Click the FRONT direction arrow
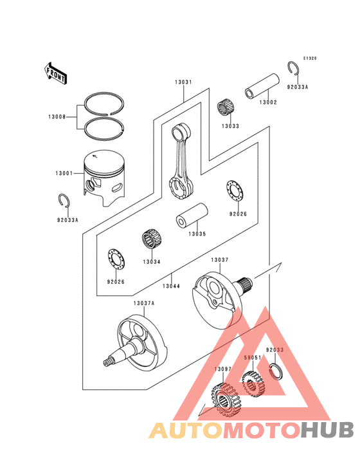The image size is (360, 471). pyautogui.click(x=57, y=73)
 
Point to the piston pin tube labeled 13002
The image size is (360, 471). pyautogui.click(x=262, y=88)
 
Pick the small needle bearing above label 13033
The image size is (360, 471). pyautogui.click(x=226, y=107)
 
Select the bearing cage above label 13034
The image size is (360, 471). pyautogui.click(x=151, y=244)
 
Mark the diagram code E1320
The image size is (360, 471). pyautogui.click(x=310, y=59)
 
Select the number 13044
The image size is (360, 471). pyautogui.click(x=171, y=286)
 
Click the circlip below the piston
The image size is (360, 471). pyautogui.click(x=64, y=201)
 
